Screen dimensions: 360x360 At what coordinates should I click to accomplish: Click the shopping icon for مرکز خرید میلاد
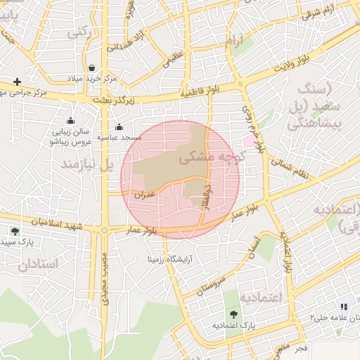(93, 68)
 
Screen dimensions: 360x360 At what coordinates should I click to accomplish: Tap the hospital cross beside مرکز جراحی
(17, 82)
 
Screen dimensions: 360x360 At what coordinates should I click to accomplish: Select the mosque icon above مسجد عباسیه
(119, 127)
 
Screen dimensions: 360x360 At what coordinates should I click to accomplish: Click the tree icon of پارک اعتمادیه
(233, 315)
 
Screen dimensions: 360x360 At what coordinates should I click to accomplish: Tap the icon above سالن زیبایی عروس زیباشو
(70, 121)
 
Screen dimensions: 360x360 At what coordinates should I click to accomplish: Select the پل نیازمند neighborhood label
(87, 166)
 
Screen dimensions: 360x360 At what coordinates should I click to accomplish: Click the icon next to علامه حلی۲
(344, 307)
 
